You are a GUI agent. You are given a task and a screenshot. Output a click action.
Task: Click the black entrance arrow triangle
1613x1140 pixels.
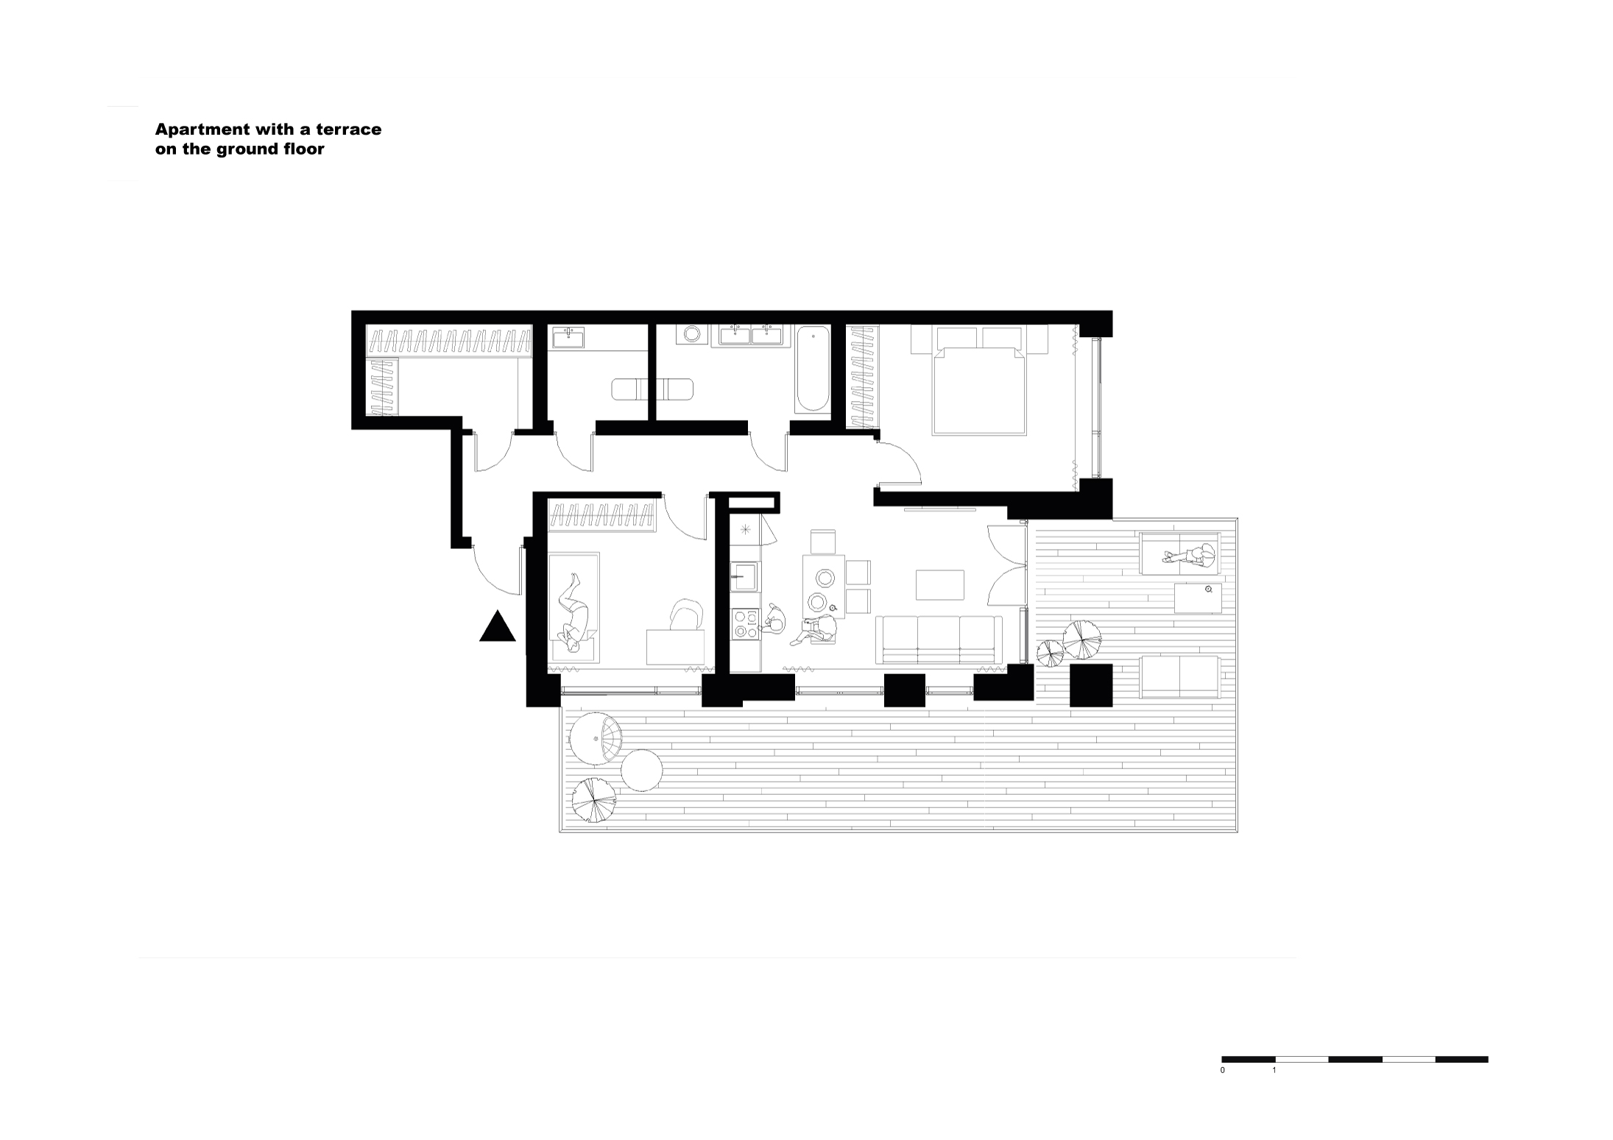(497, 628)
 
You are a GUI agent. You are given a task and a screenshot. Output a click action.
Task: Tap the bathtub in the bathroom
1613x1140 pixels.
(813, 369)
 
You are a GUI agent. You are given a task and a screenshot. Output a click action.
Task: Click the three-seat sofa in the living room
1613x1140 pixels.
(939, 639)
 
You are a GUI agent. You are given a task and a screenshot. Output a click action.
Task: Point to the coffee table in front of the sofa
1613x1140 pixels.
(939, 585)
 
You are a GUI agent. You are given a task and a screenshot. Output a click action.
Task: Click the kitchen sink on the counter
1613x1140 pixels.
(744, 576)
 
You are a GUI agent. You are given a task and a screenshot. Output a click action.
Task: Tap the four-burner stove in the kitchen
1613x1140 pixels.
(745, 624)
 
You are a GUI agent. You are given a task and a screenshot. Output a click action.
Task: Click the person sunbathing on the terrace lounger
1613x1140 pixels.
(1189, 556)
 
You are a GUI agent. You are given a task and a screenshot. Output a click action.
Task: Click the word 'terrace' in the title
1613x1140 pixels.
(353, 130)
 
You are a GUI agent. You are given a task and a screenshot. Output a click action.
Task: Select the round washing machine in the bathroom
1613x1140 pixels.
(692, 334)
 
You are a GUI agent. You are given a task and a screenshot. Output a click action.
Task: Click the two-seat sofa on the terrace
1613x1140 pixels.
(1179, 676)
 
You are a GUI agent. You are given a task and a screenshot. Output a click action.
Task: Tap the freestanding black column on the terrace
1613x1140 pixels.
(1090, 685)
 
